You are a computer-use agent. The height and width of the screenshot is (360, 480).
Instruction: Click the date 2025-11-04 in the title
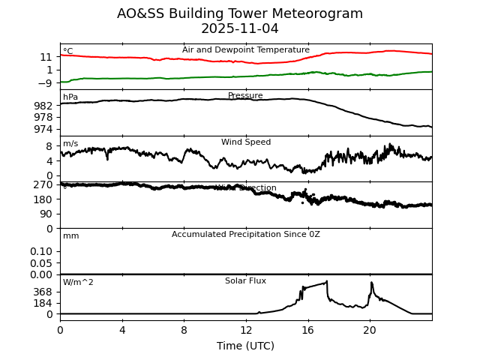click(x=240, y=29)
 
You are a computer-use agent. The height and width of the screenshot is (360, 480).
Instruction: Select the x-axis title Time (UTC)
click(x=246, y=346)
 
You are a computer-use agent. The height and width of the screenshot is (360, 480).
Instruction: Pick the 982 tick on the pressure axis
click(x=44, y=106)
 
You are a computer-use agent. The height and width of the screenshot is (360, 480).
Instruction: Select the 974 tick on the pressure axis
click(x=44, y=129)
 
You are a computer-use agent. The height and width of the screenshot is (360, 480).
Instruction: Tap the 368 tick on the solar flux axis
click(x=44, y=292)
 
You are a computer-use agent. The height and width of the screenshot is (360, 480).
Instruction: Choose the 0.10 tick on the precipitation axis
click(x=41, y=251)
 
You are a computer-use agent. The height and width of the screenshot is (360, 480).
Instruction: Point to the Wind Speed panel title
click(x=246, y=142)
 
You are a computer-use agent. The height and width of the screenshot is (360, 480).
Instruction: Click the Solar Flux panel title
click(x=246, y=281)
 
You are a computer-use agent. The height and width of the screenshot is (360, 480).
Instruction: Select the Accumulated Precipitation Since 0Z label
click(x=246, y=235)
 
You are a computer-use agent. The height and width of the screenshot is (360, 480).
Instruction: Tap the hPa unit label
click(x=70, y=97)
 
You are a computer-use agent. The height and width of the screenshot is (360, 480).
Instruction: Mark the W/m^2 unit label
click(x=78, y=283)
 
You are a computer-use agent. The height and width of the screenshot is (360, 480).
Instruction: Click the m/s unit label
click(x=70, y=144)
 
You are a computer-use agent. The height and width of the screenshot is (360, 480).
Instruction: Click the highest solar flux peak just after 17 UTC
click(x=327, y=282)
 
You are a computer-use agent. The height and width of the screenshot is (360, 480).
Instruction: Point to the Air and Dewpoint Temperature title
click(x=246, y=50)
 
